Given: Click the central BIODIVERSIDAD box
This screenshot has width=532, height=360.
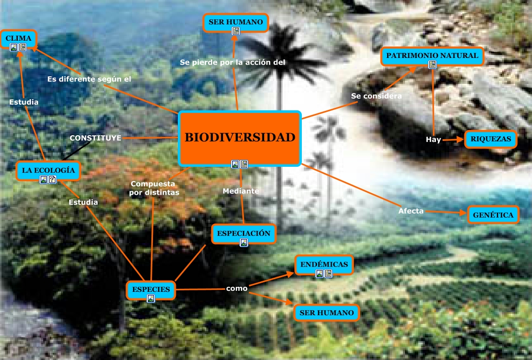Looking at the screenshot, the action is click(240, 138).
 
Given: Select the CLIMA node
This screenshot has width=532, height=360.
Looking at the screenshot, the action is click(18, 38).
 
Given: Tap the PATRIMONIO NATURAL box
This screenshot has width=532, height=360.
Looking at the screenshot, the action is click(431, 55).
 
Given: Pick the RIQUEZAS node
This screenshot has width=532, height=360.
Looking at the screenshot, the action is click(490, 138).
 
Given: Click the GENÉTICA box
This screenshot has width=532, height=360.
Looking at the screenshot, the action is click(493, 215).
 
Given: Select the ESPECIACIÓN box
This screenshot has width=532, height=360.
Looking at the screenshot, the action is click(243, 233).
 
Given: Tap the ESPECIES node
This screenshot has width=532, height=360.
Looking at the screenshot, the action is click(150, 289).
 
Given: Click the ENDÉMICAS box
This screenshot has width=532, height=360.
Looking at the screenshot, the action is click(324, 264).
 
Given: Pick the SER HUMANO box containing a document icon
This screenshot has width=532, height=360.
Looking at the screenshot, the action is click(235, 22).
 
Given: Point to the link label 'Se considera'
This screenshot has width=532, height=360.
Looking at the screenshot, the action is click(377, 96).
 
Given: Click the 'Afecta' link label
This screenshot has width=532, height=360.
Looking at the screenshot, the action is click(411, 211).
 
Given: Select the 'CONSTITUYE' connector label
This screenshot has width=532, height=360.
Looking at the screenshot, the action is click(96, 138).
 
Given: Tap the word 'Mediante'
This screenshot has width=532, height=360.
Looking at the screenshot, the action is click(241, 191).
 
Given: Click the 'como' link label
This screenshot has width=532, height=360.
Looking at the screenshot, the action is click(237, 288).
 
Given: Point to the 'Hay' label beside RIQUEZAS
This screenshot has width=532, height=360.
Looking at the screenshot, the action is click(433, 139).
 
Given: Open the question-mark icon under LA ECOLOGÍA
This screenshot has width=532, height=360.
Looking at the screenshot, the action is click(52, 179).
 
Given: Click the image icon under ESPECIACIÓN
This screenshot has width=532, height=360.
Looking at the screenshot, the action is click(244, 243).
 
